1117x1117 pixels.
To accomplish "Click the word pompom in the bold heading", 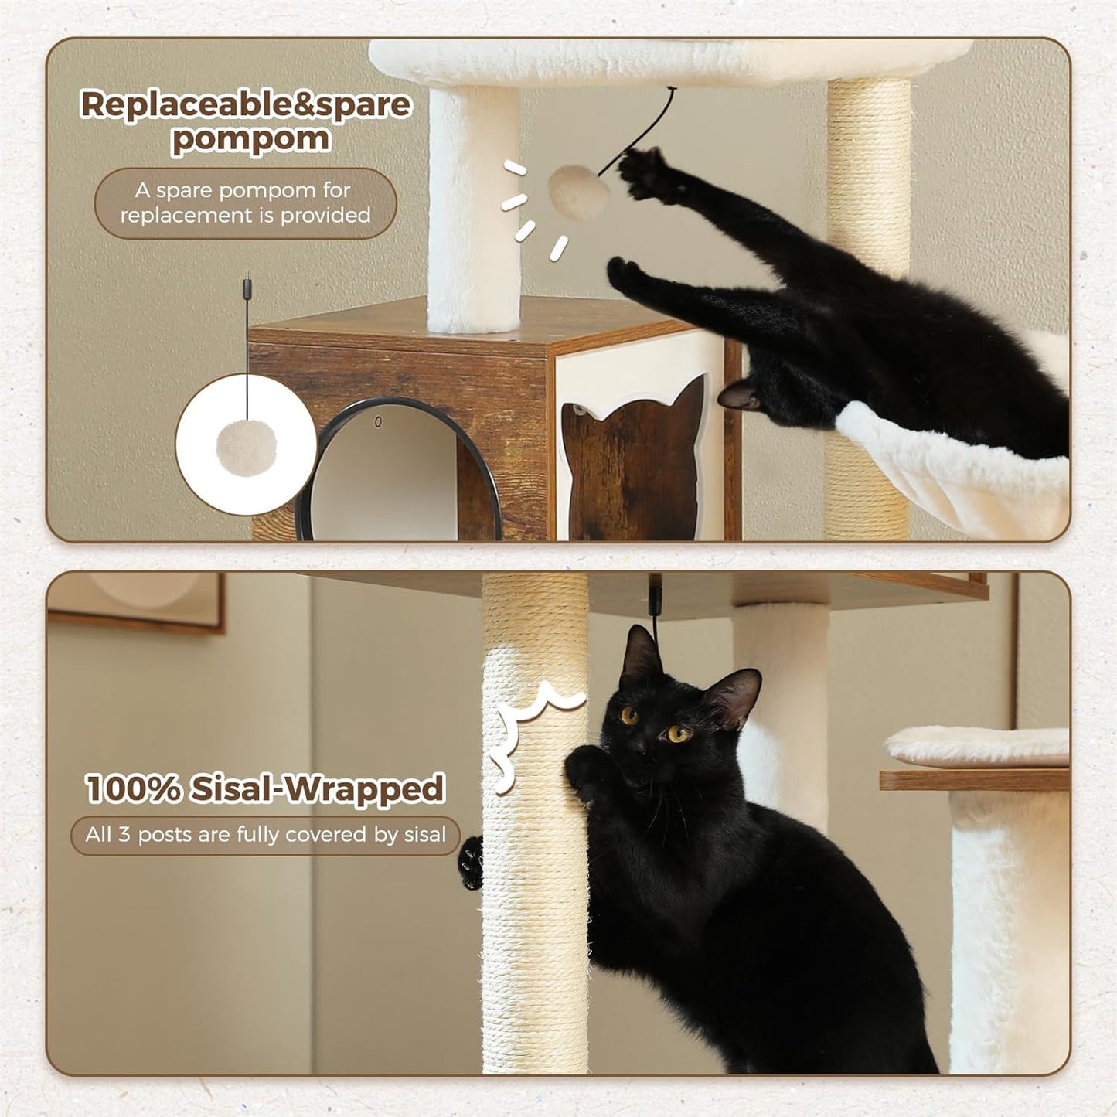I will pyautogui.click(x=250, y=140).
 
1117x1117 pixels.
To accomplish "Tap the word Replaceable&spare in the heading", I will pyautogui.click(x=246, y=104).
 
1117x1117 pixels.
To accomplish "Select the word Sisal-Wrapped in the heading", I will pyautogui.click(x=318, y=789).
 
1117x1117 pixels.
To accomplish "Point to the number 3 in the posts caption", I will pyautogui.click(x=124, y=835).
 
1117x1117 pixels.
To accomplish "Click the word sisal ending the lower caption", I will pyautogui.click(x=425, y=835).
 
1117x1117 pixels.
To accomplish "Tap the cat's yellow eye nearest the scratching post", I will pyautogui.click(x=630, y=715).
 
